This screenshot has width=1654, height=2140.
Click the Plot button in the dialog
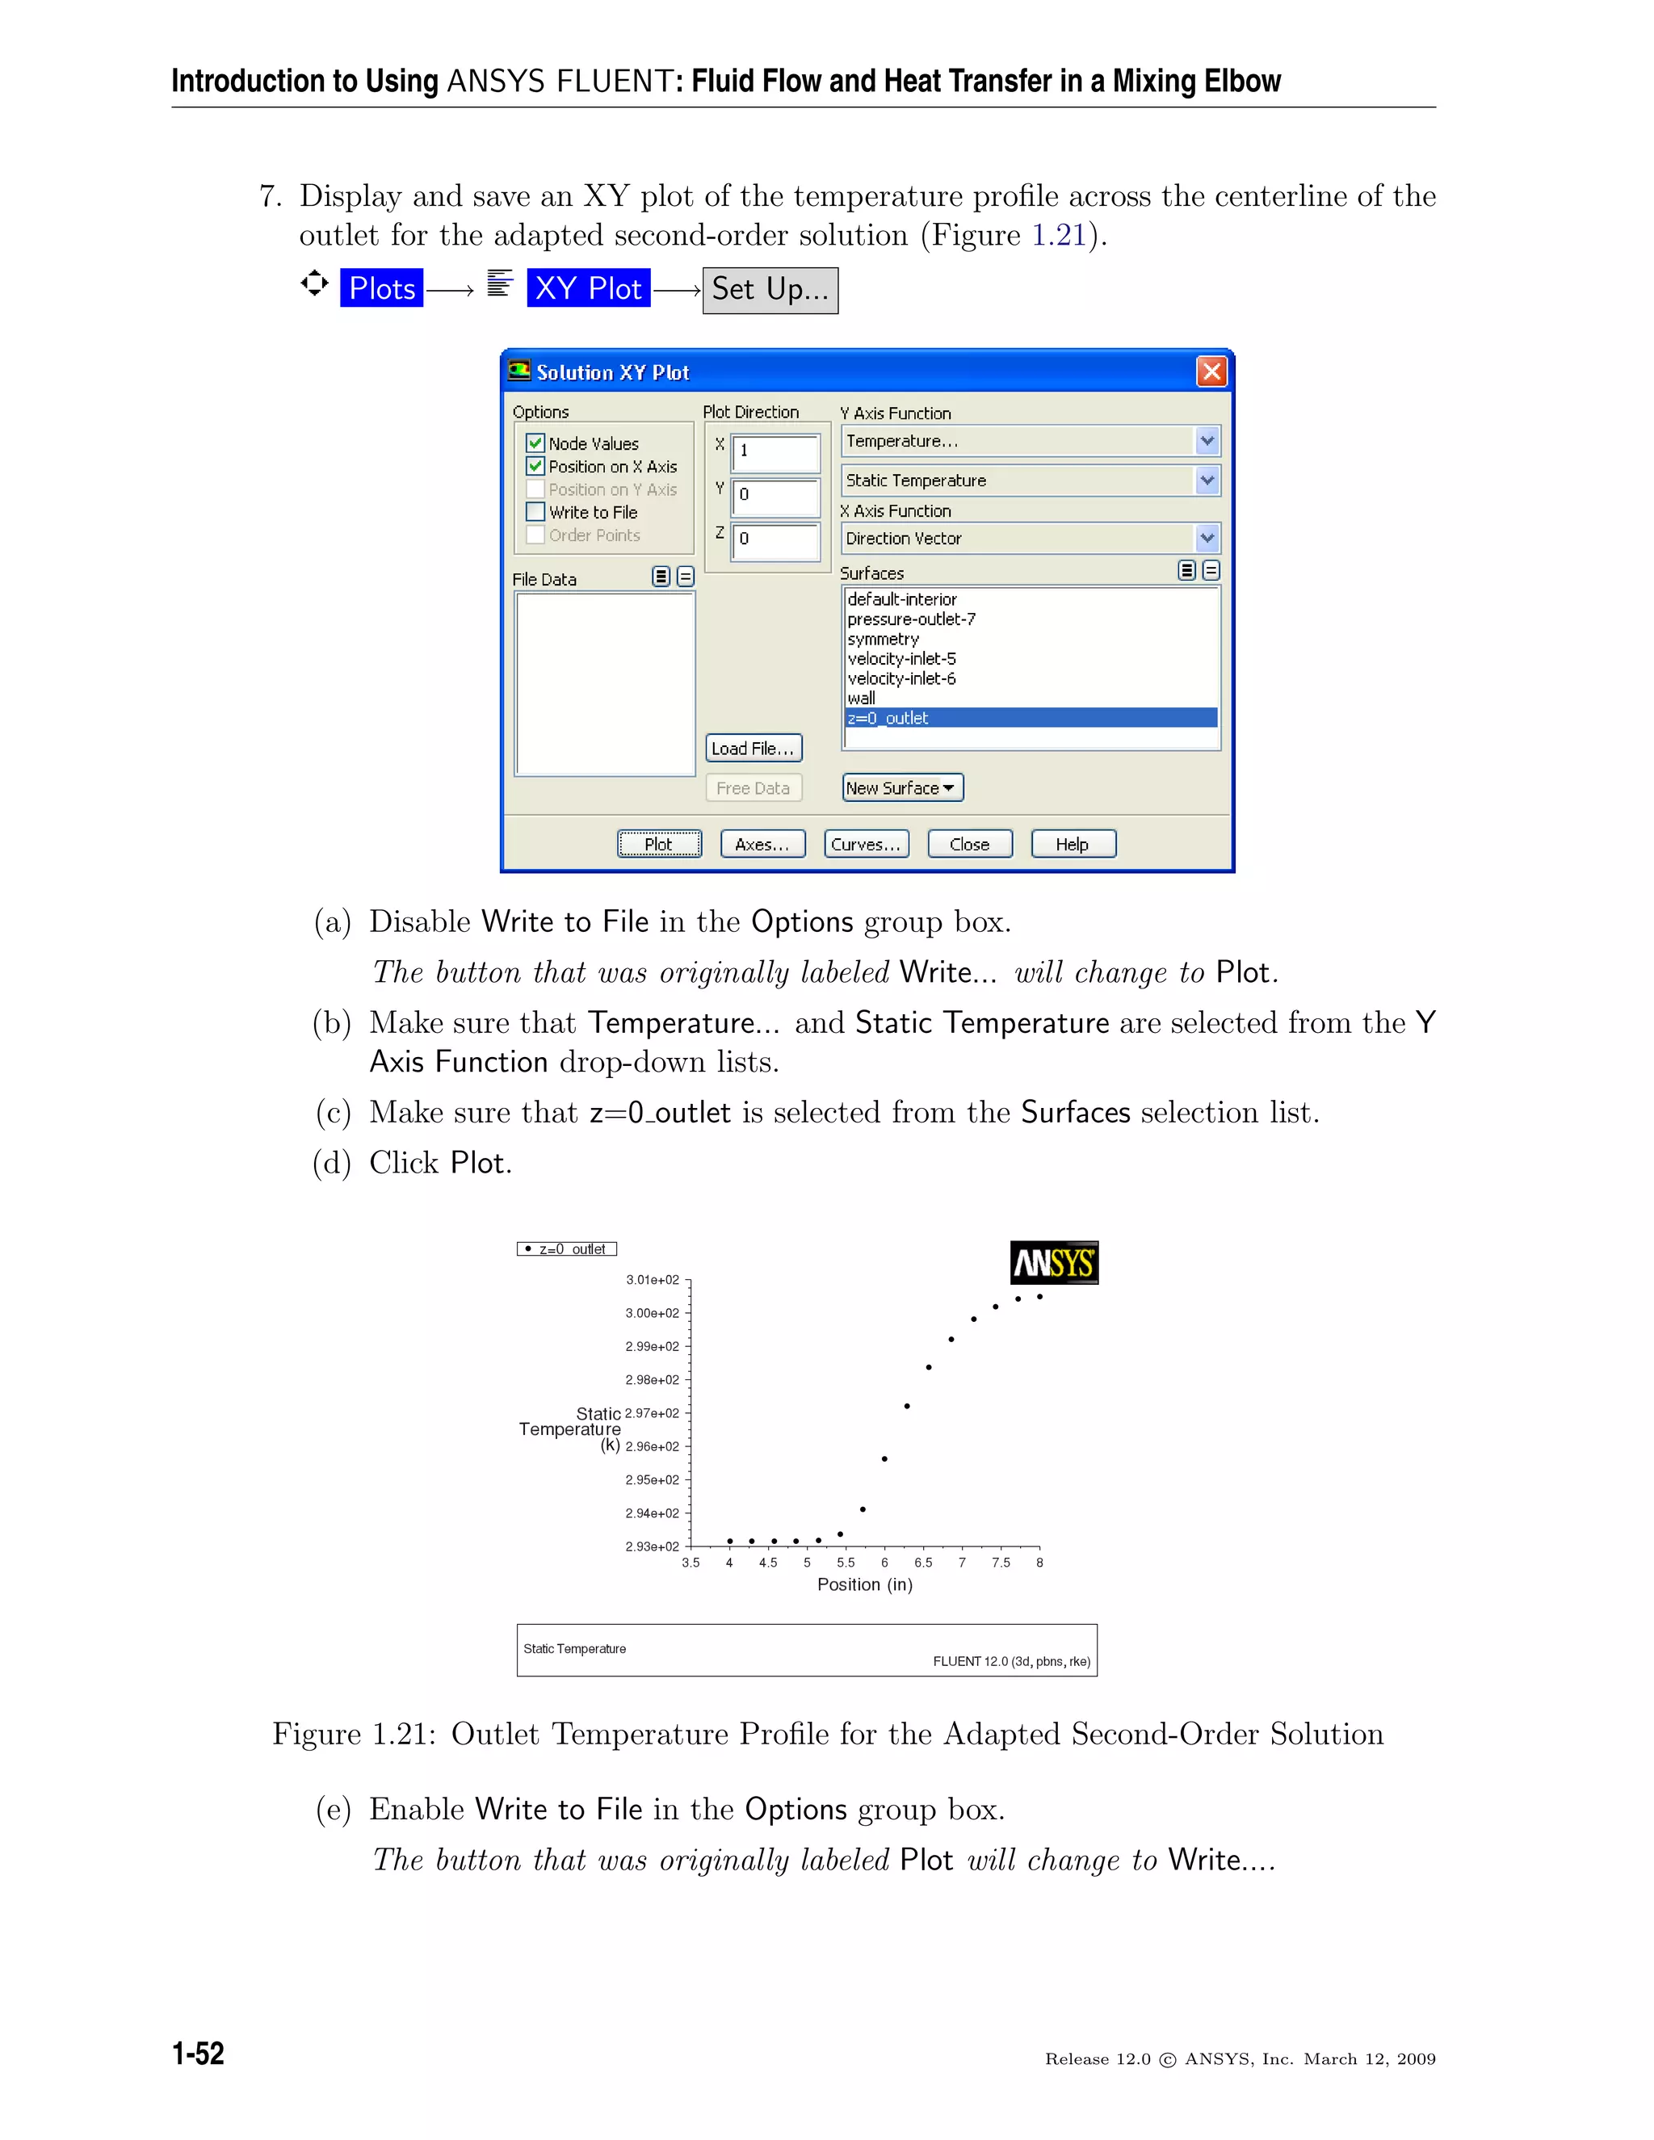click(x=658, y=844)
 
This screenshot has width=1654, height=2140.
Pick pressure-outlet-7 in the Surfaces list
click(x=911, y=619)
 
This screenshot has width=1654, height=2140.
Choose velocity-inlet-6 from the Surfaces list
click(x=901, y=678)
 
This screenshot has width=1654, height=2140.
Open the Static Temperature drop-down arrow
click(x=1207, y=480)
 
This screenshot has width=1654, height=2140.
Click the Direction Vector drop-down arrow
click(x=1207, y=538)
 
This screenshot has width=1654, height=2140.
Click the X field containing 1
click(x=775, y=451)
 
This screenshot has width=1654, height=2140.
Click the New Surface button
click(x=901, y=788)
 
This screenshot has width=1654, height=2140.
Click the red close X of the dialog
click(x=1211, y=371)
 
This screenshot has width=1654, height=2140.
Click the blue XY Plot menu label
click(x=588, y=289)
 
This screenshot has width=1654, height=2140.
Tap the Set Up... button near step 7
click(x=770, y=290)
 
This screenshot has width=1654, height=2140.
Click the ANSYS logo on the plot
click(x=1053, y=1262)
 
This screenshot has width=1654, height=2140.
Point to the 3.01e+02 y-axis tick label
click(x=653, y=1280)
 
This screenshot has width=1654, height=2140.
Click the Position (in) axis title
click(x=864, y=1585)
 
